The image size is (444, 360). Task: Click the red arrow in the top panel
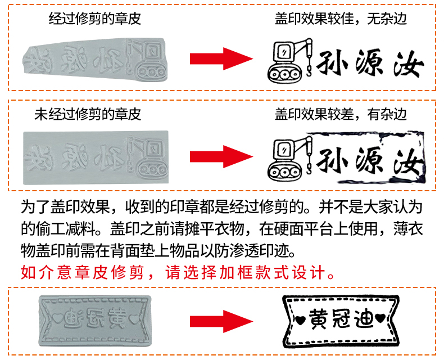pos(221,58)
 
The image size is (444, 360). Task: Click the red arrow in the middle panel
pos(221,156)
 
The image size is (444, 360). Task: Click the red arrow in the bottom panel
pos(221,321)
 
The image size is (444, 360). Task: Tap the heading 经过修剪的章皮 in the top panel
pos(95,19)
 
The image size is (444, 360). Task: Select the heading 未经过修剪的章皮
pos(88,114)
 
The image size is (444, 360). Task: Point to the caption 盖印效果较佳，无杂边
pos(341,19)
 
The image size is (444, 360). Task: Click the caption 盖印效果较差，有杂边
pos(341,114)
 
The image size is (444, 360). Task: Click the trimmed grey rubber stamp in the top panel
pos(96,60)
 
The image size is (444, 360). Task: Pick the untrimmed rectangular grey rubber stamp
pos(96,157)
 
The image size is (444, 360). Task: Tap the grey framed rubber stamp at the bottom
pos(95,321)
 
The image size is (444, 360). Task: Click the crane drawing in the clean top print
pos(290,60)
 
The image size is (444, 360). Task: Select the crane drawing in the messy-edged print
pos(290,158)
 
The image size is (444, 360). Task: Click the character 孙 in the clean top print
pos(332,63)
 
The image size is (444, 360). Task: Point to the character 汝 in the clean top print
pos(409,64)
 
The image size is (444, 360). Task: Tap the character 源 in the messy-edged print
pos(369,160)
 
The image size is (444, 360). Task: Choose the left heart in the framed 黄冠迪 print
pos(301,319)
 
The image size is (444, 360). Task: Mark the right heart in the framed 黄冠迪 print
pos(380,318)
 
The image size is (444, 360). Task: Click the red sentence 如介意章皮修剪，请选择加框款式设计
pos(178,272)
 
